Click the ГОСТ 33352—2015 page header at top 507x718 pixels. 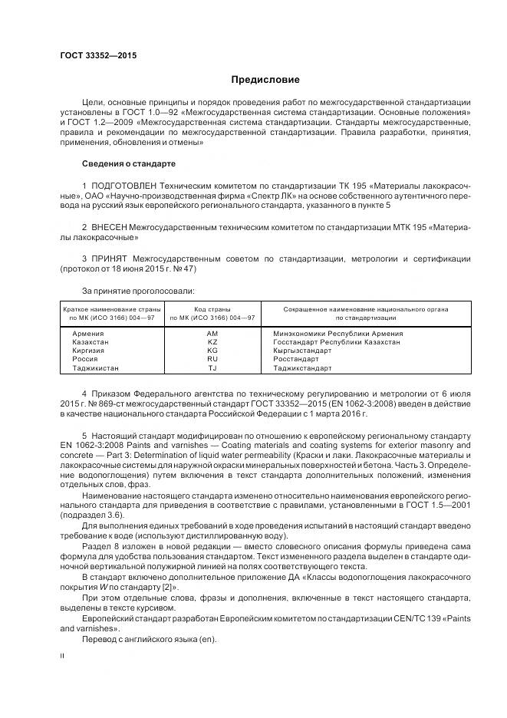pyautogui.click(x=93, y=54)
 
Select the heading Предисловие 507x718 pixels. pyautogui.click(x=265, y=80)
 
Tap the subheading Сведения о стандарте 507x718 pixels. pyautogui.click(x=128, y=164)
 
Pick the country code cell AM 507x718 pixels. pyautogui.click(x=212, y=334)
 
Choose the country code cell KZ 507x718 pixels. pyautogui.click(x=212, y=342)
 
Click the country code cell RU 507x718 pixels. pyautogui.click(x=212, y=359)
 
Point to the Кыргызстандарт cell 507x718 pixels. pyautogui.click(x=302, y=351)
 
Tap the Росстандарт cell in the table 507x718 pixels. pyautogui.click(x=295, y=359)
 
